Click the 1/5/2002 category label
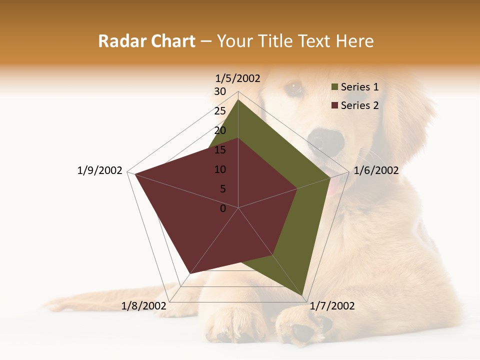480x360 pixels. click(x=238, y=78)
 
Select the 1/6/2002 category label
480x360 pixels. click(x=376, y=170)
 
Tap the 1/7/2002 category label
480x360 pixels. click(x=332, y=306)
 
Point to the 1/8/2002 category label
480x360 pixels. click(x=144, y=306)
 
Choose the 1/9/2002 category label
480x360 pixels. click(x=100, y=170)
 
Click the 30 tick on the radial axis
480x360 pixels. click(x=220, y=91)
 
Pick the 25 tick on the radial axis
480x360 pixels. click(x=220, y=111)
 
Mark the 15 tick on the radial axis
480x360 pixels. click(x=220, y=150)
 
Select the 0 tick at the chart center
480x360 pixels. click(x=223, y=208)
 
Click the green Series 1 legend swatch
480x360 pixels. click(x=335, y=87)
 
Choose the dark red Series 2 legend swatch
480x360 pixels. click(x=335, y=105)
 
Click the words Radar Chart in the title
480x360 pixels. click(x=146, y=41)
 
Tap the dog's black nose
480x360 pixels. click(x=325, y=140)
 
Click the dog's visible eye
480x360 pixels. click(x=294, y=88)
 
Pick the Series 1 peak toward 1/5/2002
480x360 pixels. click(x=238, y=99)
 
